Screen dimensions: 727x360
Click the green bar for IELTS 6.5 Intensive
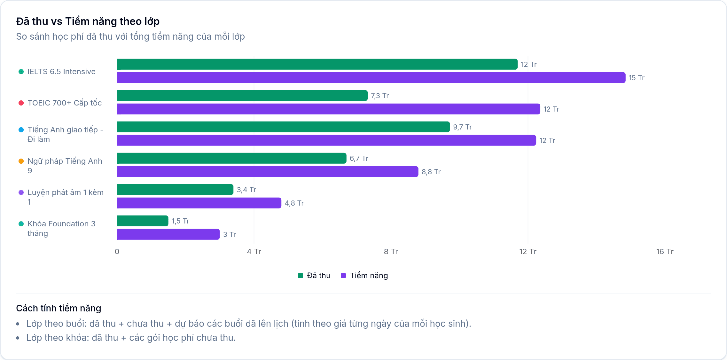tap(317, 64)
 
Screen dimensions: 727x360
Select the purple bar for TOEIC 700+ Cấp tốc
tap(328, 109)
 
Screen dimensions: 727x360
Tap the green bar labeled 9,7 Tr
tap(283, 127)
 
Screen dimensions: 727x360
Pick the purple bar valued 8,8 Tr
tap(268, 172)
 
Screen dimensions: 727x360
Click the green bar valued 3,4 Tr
tap(175, 190)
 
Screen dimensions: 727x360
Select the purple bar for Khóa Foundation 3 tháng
tap(168, 234)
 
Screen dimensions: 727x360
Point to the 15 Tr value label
tap(637, 78)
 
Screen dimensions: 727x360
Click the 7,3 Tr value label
tap(380, 96)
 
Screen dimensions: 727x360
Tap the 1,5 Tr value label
tap(180, 221)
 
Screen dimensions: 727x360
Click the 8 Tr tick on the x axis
tap(391, 252)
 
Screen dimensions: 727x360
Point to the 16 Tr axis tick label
tap(665, 252)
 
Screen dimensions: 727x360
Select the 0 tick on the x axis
tap(117, 252)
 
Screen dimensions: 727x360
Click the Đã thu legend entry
tap(314, 276)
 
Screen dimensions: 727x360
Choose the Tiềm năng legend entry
tap(364, 276)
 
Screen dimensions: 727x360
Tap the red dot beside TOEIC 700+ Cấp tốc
tap(21, 103)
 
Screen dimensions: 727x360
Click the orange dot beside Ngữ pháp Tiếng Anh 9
tap(21, 161)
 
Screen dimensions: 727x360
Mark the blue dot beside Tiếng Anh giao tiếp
tap(21, 130)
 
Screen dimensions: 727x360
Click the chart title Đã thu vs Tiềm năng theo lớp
tap(88, 21)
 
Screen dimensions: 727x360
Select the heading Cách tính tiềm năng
tap(59, 308)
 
